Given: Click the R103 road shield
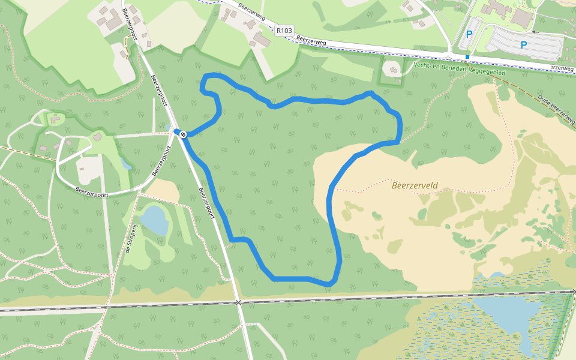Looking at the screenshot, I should pos(284,29).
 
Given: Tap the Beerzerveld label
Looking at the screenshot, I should pos(415,185).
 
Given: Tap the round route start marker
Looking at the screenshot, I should pos(182,134).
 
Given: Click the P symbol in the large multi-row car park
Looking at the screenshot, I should pos(524,44).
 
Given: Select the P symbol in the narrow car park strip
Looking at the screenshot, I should pos(469,35).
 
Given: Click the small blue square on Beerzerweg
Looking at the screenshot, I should pos(467,57).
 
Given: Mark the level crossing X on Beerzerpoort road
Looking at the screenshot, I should pos(238,302).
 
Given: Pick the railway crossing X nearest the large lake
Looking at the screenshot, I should pos(574,292).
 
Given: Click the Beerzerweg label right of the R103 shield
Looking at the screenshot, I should pos(311,42).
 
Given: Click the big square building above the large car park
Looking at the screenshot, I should pos(521,19).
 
